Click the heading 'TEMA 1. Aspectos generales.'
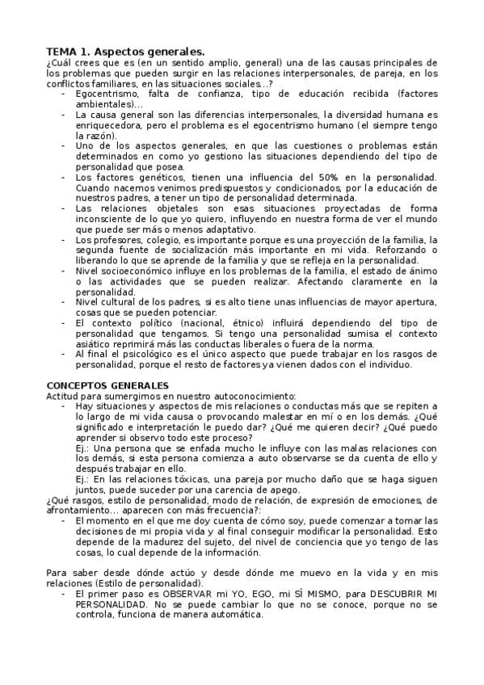click(x=125, y=50)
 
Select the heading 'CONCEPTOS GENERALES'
click(x=107, y=385)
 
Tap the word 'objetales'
click(x=166, y=208)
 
